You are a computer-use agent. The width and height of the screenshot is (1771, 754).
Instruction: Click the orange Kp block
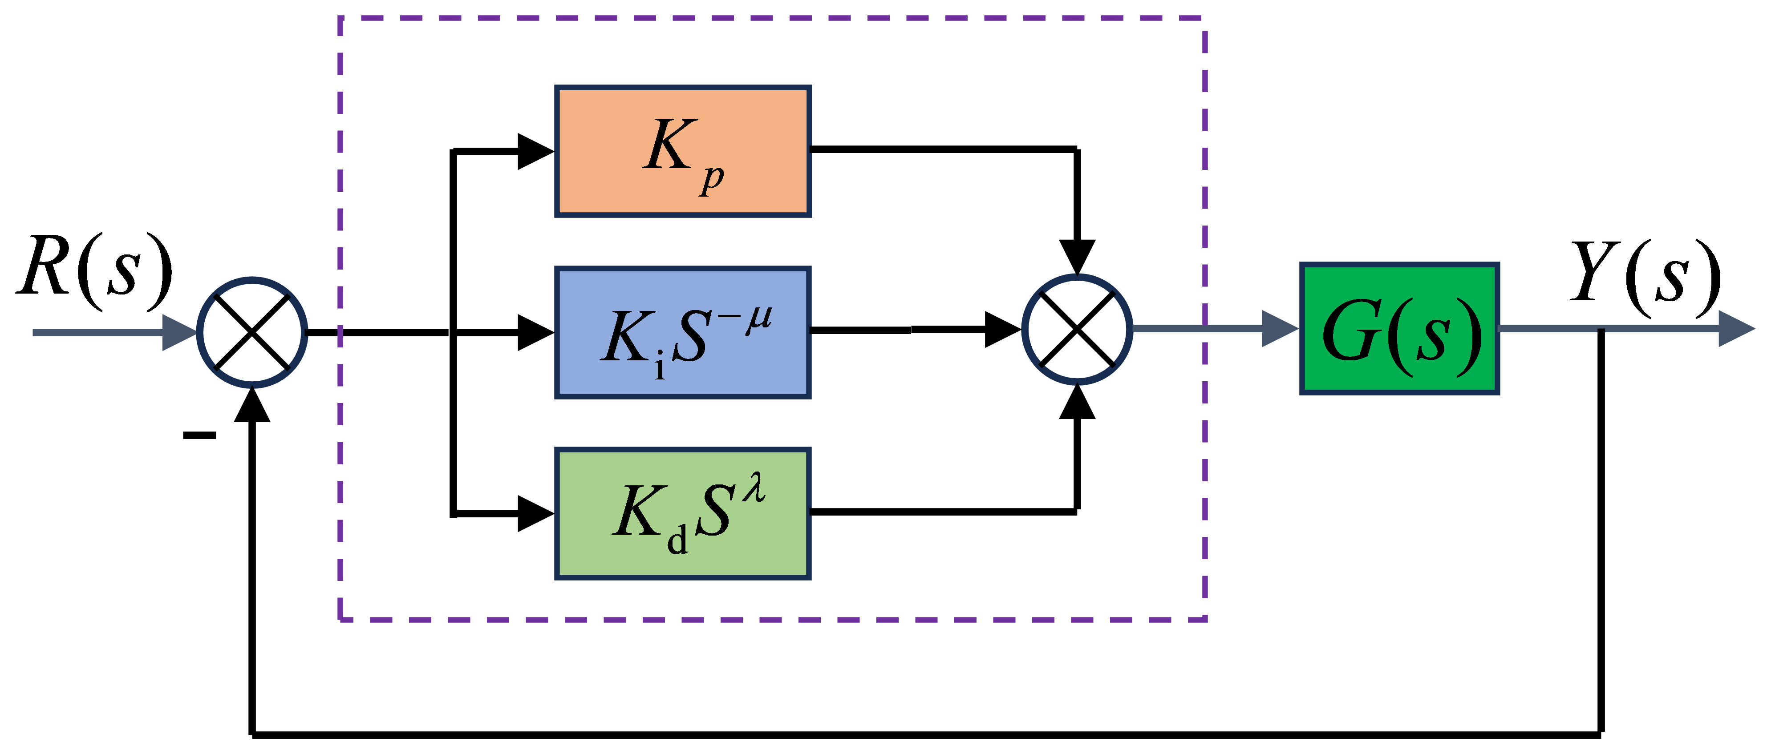[x=683, y=151]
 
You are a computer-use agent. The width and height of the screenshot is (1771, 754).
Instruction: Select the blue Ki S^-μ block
[x=683, y=333]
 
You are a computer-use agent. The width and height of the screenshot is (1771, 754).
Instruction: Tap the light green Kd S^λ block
[x=683, y=513]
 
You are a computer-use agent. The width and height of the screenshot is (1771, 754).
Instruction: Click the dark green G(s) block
[x=1399, y=329]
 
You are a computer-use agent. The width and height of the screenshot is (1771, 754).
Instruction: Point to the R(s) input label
[x=94, y=271]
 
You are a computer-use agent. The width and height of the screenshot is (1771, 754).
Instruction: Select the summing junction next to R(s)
[x=252, y=333]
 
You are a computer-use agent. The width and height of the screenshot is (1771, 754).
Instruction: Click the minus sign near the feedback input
[x=199, y=435]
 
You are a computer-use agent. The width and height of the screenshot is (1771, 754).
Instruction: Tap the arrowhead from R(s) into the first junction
[x=179, y=333]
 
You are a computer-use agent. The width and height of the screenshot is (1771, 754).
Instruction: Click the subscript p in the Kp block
[x=712, y=179]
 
